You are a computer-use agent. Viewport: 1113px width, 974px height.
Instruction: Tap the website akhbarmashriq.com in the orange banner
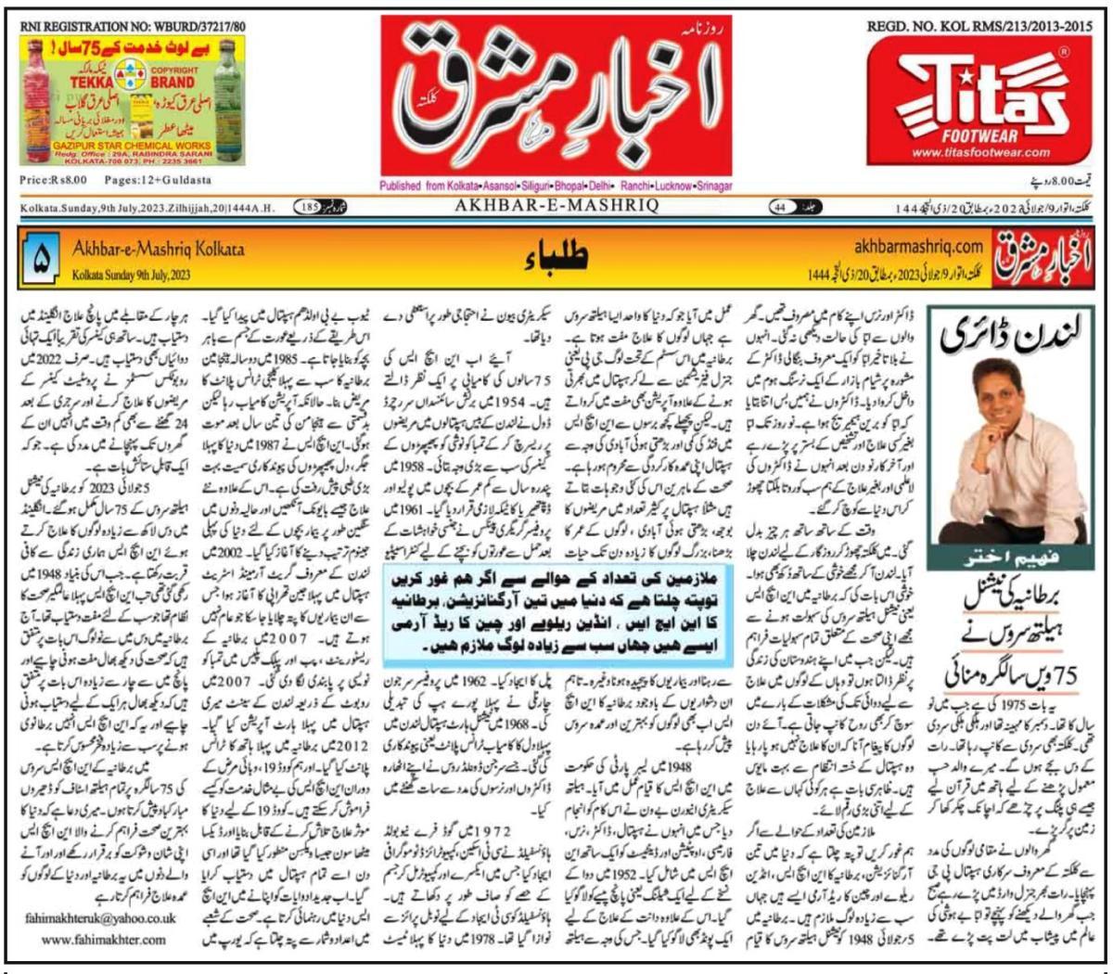[917, 246]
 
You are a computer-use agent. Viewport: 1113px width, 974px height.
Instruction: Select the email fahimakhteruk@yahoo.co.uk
[103, 919]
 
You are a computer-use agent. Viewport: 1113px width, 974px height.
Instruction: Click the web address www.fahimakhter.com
[103, 939]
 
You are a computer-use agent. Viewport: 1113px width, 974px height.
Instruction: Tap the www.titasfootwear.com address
[980, 153]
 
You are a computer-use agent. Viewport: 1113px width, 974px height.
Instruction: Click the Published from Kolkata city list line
[556, 186]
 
